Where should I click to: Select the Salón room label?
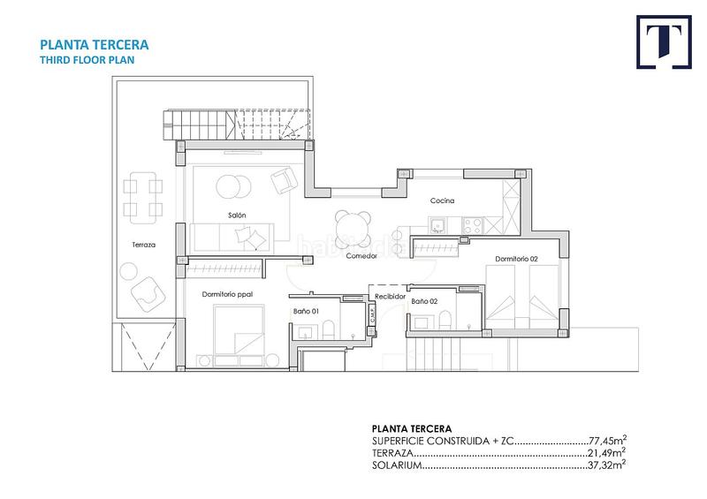click(x=236, y=215)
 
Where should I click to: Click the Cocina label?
click(x=442, y=201)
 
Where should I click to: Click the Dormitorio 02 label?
click(x=517, y=259)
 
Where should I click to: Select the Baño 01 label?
click(x=305, y=311)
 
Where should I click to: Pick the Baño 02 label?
click(x=424, y=301)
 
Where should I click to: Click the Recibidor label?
click(x=389, y=297)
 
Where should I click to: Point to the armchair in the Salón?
click(x=283, y=180)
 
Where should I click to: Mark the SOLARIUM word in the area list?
click(x=394, y=464)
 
